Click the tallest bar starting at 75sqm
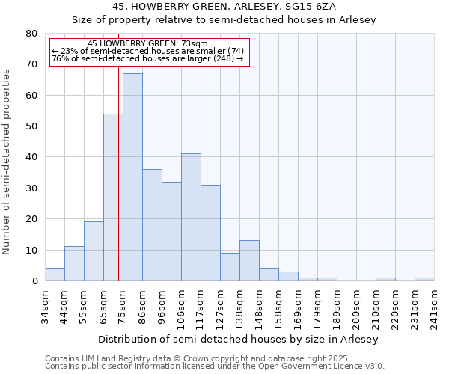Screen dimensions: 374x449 [x=132, y=177]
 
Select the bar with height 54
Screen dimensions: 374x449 [x=113, y=197]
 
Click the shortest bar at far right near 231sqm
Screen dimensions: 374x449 [x=424, y=279]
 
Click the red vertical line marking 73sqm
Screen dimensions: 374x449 [x=118, y=172]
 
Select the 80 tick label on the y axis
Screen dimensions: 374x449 [x=31, y=34]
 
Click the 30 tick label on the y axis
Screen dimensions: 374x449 [x=31, y=188]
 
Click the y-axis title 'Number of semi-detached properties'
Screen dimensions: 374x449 [x=7, y=161]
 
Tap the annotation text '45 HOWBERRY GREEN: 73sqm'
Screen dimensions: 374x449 [x=147, y=44]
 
